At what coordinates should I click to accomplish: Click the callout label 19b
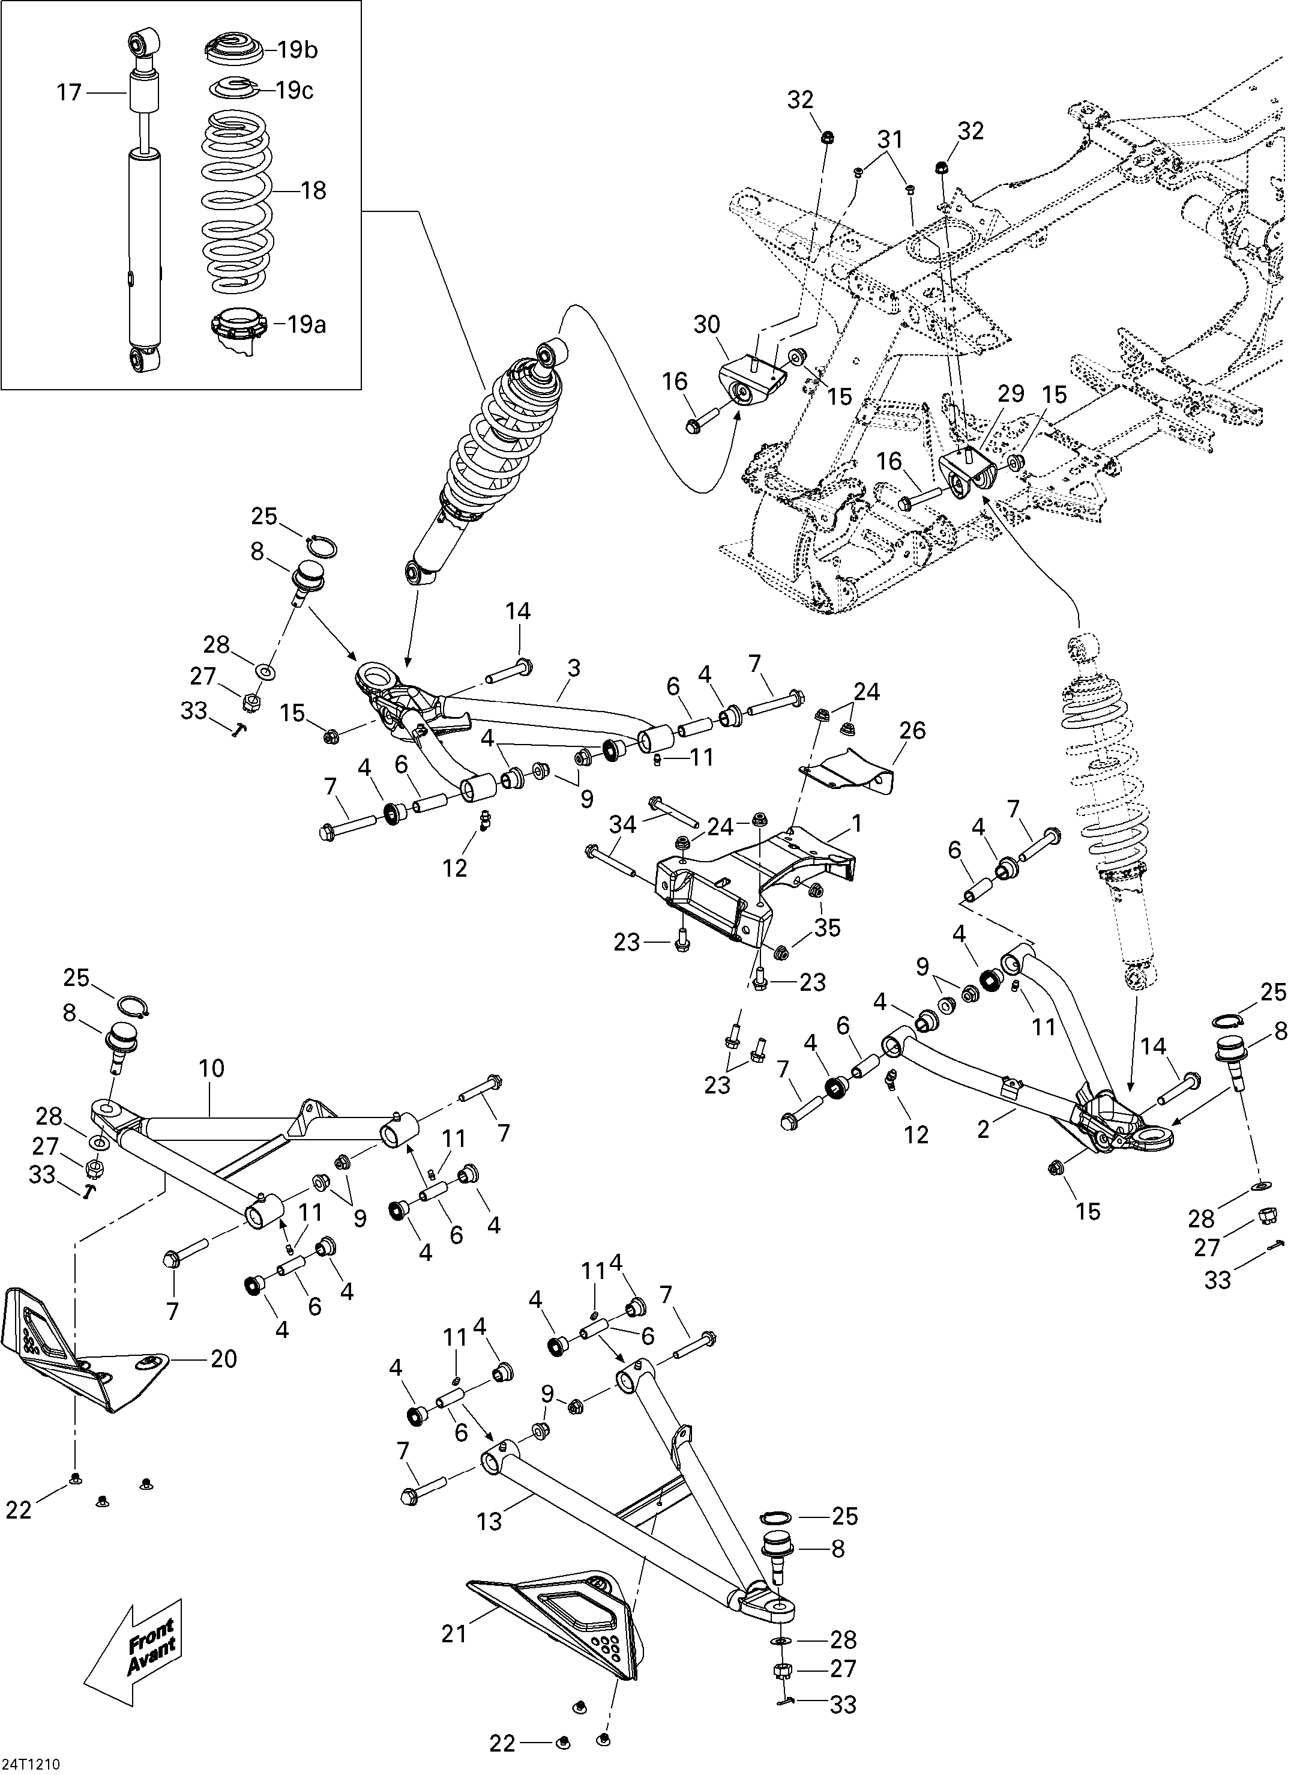pyautogui.click(x=296, y=50)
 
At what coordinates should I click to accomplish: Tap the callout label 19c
pyautogui.click(x=294, y=91)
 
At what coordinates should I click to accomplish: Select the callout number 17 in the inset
pyautogui.click(x=69, y=92)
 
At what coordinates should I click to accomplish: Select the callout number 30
pyautogui.click(x=707, y=324)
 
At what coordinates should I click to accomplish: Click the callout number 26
pyautogui.click(x=912, y=730)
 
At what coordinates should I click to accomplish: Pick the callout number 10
pyautogui.click(x=211, y=1068)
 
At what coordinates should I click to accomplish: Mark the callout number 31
pyautogui.click(x=889, y=139)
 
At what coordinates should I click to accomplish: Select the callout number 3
pyautogui.click(x=574, y=668)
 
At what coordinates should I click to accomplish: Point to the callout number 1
pyautogui.click(x=856, y=823)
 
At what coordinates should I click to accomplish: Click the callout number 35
pyautogui.click(x=827, y=927)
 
